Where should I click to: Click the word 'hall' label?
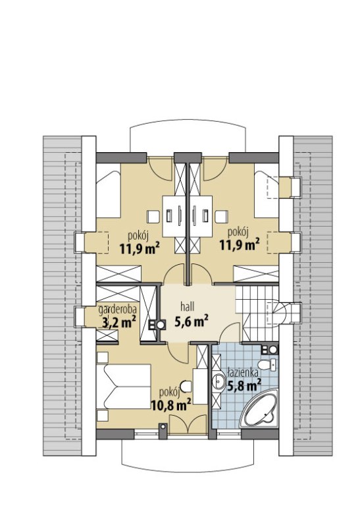coord(188,306)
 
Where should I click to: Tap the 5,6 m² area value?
coord(191,321)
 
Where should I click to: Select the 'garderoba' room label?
coord(117,310)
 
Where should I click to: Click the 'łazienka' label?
coord(242,372)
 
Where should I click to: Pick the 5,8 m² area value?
coord(244,385)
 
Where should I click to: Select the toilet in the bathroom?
coord(267,364)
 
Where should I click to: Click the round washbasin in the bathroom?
coord(219,382)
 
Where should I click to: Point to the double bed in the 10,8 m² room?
coord(123,387)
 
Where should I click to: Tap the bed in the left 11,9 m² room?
coord(108,190)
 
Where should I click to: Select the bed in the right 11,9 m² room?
coord(267,190)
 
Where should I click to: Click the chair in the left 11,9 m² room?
coord(153,216)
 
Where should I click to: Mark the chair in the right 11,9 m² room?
coord(222,216)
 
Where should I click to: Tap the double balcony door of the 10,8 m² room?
coord(188,424)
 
